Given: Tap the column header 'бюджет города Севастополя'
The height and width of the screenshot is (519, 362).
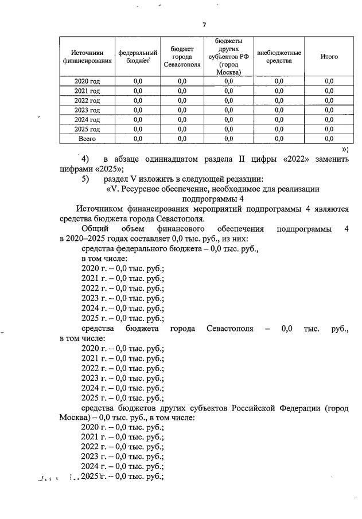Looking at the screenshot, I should (182, 57).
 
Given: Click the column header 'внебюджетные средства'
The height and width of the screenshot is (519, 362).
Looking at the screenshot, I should (279, 57).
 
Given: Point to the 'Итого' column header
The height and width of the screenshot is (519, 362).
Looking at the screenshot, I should (329, 57).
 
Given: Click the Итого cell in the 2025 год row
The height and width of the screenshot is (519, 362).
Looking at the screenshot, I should (329, 129).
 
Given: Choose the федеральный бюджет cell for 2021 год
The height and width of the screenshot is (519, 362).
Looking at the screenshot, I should (138, 91).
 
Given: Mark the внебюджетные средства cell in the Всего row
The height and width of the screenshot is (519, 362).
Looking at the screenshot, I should (279, 138).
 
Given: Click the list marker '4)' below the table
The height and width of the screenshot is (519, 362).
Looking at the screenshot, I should (85, 158).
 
